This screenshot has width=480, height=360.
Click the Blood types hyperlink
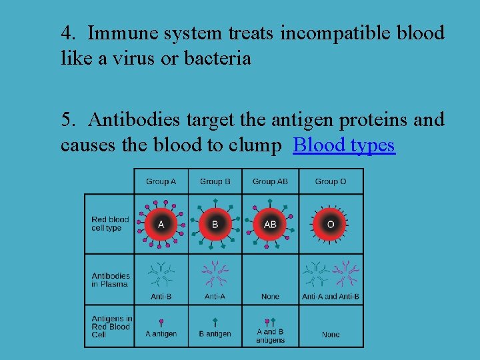coord(344,145)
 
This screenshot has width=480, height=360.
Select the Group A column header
coord(161,181)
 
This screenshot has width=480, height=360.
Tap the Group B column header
coord(215,181)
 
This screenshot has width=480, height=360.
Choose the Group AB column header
coord(269,181)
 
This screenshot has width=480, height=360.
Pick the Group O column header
coord(330,181)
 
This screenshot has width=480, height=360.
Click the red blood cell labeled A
coord(161,224)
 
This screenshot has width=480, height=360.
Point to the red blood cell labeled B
coord(215,224)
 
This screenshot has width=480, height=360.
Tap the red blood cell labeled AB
coord(270,224)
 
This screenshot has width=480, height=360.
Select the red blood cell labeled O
coord(331,224)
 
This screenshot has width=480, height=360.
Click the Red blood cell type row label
coord(110,224)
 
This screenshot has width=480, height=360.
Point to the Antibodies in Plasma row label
coord(111,280)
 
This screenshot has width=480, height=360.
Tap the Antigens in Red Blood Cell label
coord(111,327)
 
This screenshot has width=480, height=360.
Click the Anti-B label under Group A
coord(161,297)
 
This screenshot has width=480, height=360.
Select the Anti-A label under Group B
coord(215,297)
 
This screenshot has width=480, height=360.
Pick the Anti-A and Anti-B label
coord(331,297)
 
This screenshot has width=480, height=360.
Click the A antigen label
coord(161,334)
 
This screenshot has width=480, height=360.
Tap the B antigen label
coord(215,334)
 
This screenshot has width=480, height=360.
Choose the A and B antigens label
coord(270,336)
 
